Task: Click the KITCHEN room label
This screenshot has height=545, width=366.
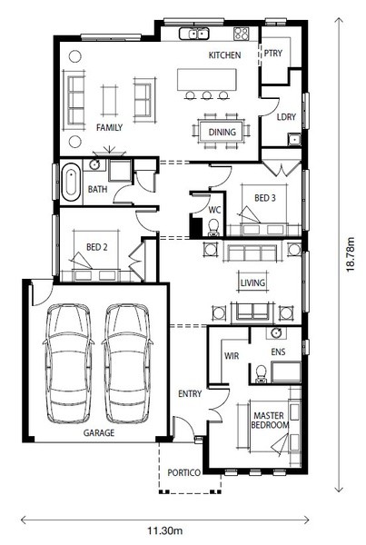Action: pyautogui.click(x=224, y=54)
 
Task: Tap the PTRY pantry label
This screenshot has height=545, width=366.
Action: pyautogui.click(x=272, y=54)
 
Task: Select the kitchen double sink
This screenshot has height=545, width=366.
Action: pyautogui.click(x=194, y=34)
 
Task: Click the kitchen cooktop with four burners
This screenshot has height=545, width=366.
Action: pyautogui.click(x=242, y=34)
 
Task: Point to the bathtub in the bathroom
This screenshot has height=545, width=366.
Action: pyautogui.click(x=71, y=182)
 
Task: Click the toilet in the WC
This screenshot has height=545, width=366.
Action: pyautogui.click(x=213, y=227)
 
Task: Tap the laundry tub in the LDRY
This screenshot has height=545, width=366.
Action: pyautogui.click(x=294, y=139)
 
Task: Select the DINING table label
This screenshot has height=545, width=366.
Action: pyautogui.click(x=222, y=132)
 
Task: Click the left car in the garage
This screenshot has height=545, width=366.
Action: pyautogui.click(x=69, y=364)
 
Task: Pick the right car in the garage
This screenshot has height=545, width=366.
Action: pyautogui.click(x=127, y=364)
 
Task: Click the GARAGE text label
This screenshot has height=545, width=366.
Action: pyautogui.click(x=99, y=432)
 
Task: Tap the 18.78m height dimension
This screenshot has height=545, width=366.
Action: pyautogui.click(x=351, y=254)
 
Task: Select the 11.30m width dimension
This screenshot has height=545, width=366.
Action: pyautogui.click(x=164, y=530)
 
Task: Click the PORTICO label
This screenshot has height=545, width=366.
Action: pyautogui.click(x=183, y=472)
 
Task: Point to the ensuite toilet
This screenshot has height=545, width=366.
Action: pyautogui.click(x=261, y=374)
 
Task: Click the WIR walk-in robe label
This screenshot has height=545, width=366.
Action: pyautogui.click(x=232, y=356)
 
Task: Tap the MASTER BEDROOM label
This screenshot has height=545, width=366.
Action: pyautogui.click(x=270, y=421)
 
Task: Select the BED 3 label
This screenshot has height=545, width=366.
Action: pyautogui.click(x=265, y=198)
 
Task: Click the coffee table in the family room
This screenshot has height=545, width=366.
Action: pyautogui.click(x=109, y=101)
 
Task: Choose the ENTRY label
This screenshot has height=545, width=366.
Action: pyautogui.click(x=190, y=394)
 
